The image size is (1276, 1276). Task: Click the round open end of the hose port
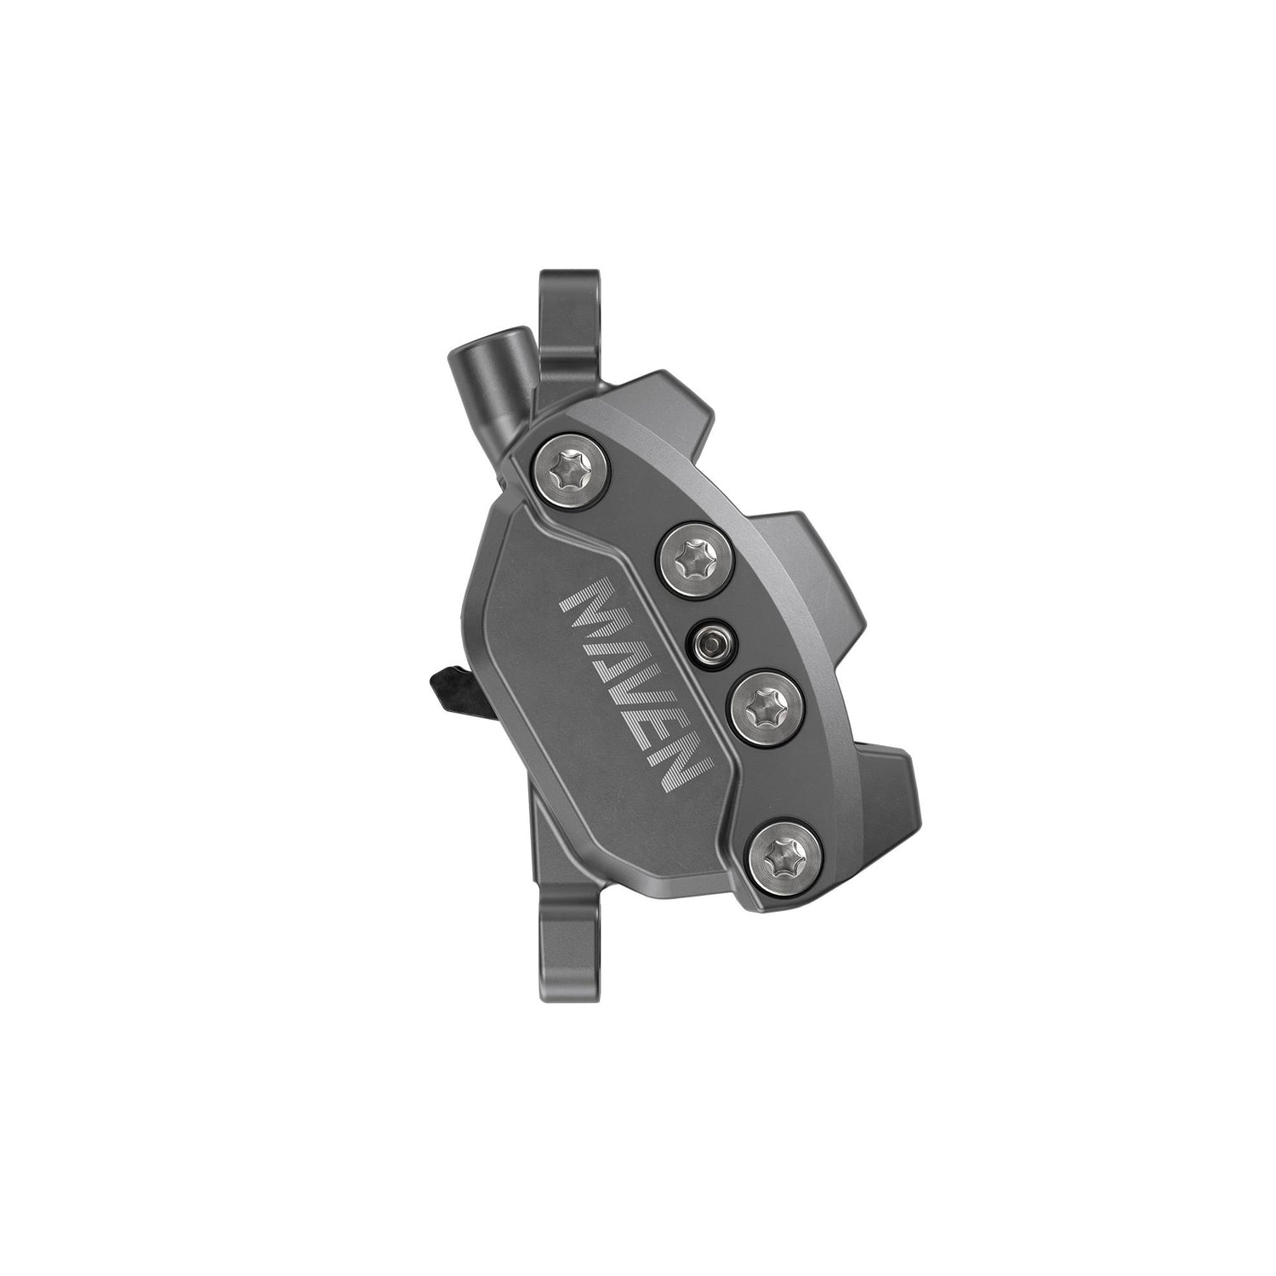(x=464, y=345)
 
